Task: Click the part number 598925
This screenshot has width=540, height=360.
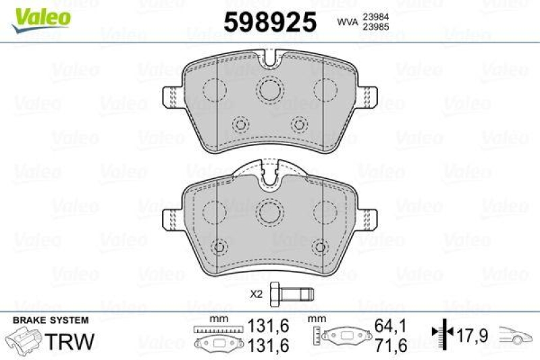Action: coord(270,23)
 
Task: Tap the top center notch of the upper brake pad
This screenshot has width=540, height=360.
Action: coord(271,61)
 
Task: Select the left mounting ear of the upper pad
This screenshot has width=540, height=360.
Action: coord(173,97)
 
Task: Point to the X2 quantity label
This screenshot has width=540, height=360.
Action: coord(256,294)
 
